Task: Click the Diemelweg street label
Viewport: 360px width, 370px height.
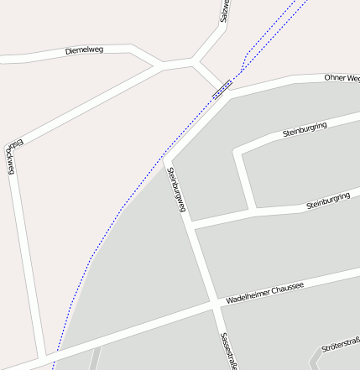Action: pyautogui.click(x=84, y=51)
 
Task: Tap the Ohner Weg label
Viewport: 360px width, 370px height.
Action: pyautogui.click(x=342, y=78)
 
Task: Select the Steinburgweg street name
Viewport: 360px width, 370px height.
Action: pyautogui.click(x=176, y=190)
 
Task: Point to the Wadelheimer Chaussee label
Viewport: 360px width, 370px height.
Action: pyautogui.click(x=264, y=293)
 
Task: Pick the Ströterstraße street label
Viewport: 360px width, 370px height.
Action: pyautogui.click(x=341, y=343)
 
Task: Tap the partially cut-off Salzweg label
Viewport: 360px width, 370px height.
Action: pyautogui.click(x=224, y=10)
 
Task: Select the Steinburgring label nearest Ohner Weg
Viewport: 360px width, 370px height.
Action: pyautogui.click(x=316, y=128)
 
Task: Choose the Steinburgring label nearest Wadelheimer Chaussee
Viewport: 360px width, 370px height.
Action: pyautogui.click(x=327, y=201)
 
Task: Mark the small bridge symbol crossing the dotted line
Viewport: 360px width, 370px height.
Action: pyautogui.click(x=222, y=88)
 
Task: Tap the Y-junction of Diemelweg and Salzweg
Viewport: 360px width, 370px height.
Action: pyautogui.click(x=195, y=61)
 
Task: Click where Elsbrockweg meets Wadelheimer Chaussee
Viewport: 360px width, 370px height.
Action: pyautogui.click(x=42, y=357)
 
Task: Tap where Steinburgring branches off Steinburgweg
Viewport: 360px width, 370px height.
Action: pyautogui.click(x=190, y=226)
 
